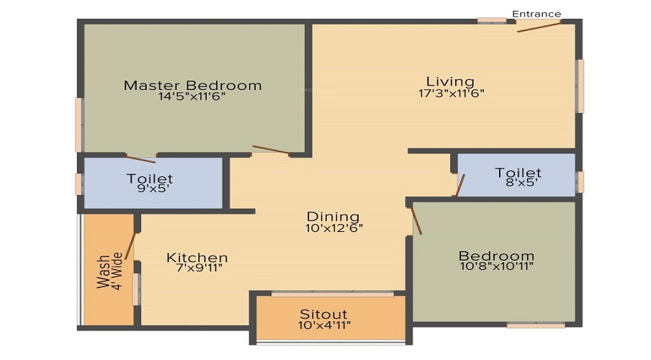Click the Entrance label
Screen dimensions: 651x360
tap(536, 14)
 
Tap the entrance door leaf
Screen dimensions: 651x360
tap(539, 27)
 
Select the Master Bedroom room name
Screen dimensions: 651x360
tap(193, 85)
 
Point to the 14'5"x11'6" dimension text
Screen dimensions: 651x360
tap(192, 96)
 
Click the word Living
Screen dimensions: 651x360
tap(450, 81)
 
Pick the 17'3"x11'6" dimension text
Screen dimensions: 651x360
tap(452, 93)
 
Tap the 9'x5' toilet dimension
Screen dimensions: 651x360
tap(150, 189)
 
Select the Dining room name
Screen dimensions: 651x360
tap(333, 217)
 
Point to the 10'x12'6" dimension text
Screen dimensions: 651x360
tap(334, 228)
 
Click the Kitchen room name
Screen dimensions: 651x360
tap(197, 258)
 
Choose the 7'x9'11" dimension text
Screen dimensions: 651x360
tap(199, 268)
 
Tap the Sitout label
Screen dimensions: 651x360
tap(324, 314)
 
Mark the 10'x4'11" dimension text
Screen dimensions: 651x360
tap(324, 325)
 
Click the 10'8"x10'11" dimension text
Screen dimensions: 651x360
tap(497, 266)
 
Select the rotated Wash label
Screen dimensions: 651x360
tap(102, 272)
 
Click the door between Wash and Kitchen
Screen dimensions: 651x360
tap(130, 247)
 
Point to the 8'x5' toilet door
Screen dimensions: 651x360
tap(460, 185)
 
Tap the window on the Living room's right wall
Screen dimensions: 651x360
tap(580, 86)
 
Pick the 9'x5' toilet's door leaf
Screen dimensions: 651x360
tap(140, 158)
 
